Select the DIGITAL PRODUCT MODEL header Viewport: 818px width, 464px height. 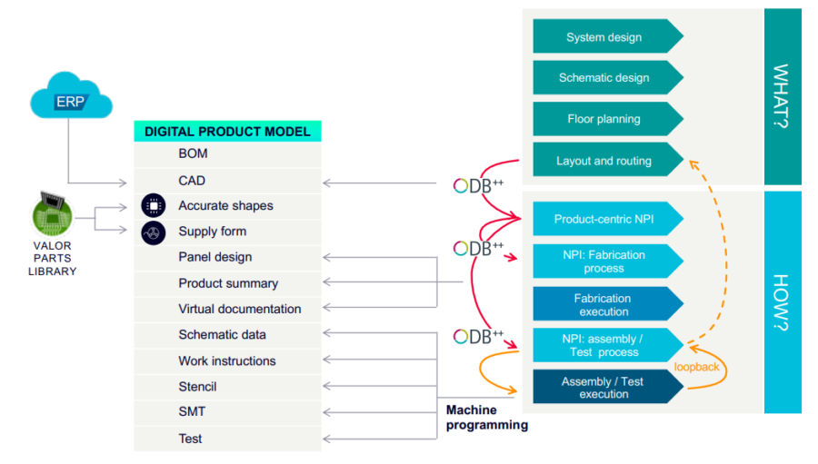click(227, 132)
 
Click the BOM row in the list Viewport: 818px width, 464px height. click(193, 154)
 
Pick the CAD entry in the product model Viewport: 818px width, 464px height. click(192, 181)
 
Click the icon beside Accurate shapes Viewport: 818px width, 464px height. click(154, 206)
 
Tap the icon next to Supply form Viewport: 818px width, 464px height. click(154, 232)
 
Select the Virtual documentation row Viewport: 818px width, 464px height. click(239, 309)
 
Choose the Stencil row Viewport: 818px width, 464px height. click(197, 387)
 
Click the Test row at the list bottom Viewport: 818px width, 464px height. click(190, 439)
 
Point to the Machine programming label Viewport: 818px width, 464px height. click(486, 417)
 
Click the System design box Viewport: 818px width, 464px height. click(604, 37)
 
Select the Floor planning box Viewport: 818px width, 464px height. click(604, 119)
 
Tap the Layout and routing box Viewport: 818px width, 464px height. click(604, 161)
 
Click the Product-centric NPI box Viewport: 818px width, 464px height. click(604, 219)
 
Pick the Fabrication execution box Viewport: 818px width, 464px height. click(604, 304)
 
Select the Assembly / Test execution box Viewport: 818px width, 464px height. click(604, 388)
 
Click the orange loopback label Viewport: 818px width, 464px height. click(696, 367)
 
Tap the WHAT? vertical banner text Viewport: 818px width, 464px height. click(783, 95)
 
